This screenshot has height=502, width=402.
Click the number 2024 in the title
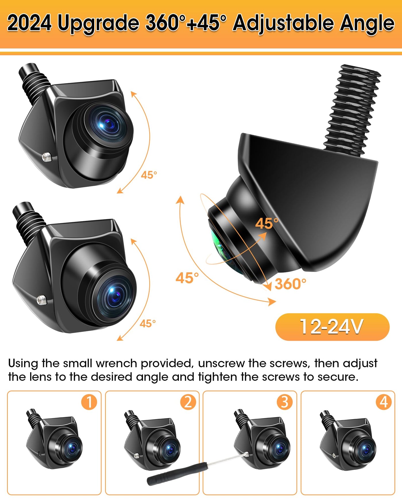(x=30, y=23)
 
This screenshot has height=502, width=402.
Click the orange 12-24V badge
(x=332, y=327)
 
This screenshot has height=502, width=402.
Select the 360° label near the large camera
(x=290, y=284)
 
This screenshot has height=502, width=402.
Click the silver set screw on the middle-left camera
(x=42, y=300)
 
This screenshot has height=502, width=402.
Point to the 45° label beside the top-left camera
(x=149, y=175)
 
